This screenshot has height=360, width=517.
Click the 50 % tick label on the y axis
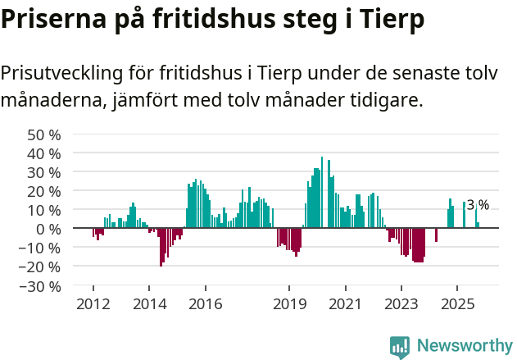43,134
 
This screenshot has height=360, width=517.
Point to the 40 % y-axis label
43,153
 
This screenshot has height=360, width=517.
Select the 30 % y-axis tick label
43,172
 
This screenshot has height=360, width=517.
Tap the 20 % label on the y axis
43,191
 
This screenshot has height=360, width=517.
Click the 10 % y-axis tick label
43,210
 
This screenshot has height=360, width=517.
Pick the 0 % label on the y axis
48,229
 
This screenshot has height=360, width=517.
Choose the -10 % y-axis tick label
40,248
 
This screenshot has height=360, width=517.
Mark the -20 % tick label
40,267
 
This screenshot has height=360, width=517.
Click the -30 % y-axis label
40,285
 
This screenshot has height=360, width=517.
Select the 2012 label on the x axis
93,304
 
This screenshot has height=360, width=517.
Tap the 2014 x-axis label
148,304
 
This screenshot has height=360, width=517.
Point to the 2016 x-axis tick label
205,304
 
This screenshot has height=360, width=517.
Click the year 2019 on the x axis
289,304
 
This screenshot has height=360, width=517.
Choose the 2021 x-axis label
345,304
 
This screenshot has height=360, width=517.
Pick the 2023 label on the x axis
401,304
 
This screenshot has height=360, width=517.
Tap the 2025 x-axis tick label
456,304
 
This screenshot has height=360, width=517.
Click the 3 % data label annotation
478,205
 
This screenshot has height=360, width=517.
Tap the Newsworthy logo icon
400,346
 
